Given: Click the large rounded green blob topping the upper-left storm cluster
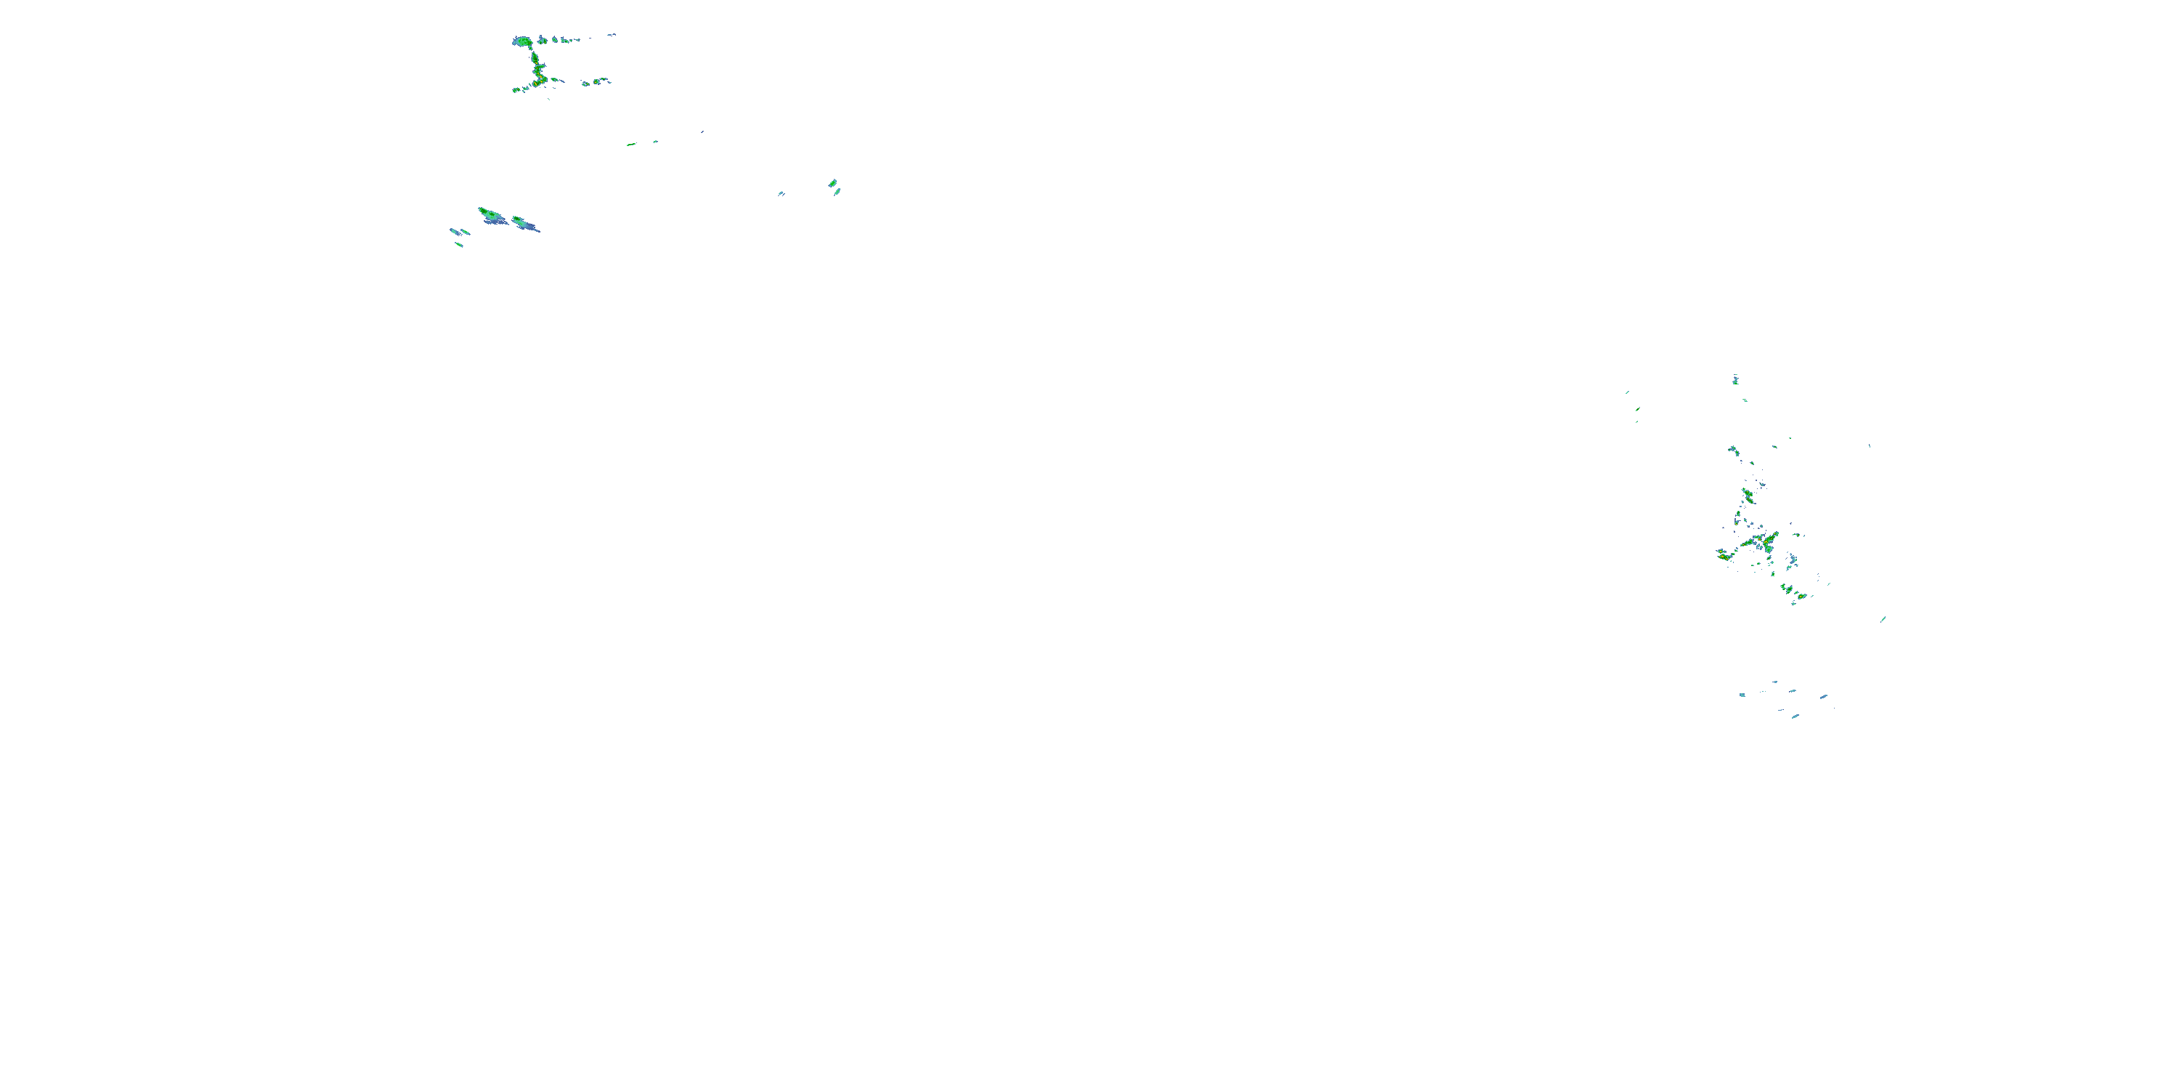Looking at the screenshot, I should point(522,41).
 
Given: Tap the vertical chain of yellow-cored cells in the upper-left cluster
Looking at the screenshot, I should point(536,68).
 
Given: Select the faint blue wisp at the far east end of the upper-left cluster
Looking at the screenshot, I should point(611,35).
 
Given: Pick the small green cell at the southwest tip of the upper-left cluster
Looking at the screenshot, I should point(516,89).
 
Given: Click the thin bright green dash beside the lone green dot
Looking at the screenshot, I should point(631,145).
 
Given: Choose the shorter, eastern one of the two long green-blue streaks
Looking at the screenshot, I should point(524,223).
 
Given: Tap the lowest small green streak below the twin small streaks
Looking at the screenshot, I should point(458,245).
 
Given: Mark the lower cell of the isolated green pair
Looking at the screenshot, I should point(837,192).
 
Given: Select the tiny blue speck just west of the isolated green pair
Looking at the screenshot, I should point(781,194).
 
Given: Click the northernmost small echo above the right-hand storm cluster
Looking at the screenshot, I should point(1735,379).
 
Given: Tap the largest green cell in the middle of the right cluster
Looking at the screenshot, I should point(1764,539).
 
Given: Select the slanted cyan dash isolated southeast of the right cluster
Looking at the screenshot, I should point(1883,618).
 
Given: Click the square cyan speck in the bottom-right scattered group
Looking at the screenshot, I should point(1742,695).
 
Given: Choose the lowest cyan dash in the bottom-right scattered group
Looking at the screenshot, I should point(1794,716).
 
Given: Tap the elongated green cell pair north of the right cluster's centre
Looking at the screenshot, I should point(1747,494).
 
